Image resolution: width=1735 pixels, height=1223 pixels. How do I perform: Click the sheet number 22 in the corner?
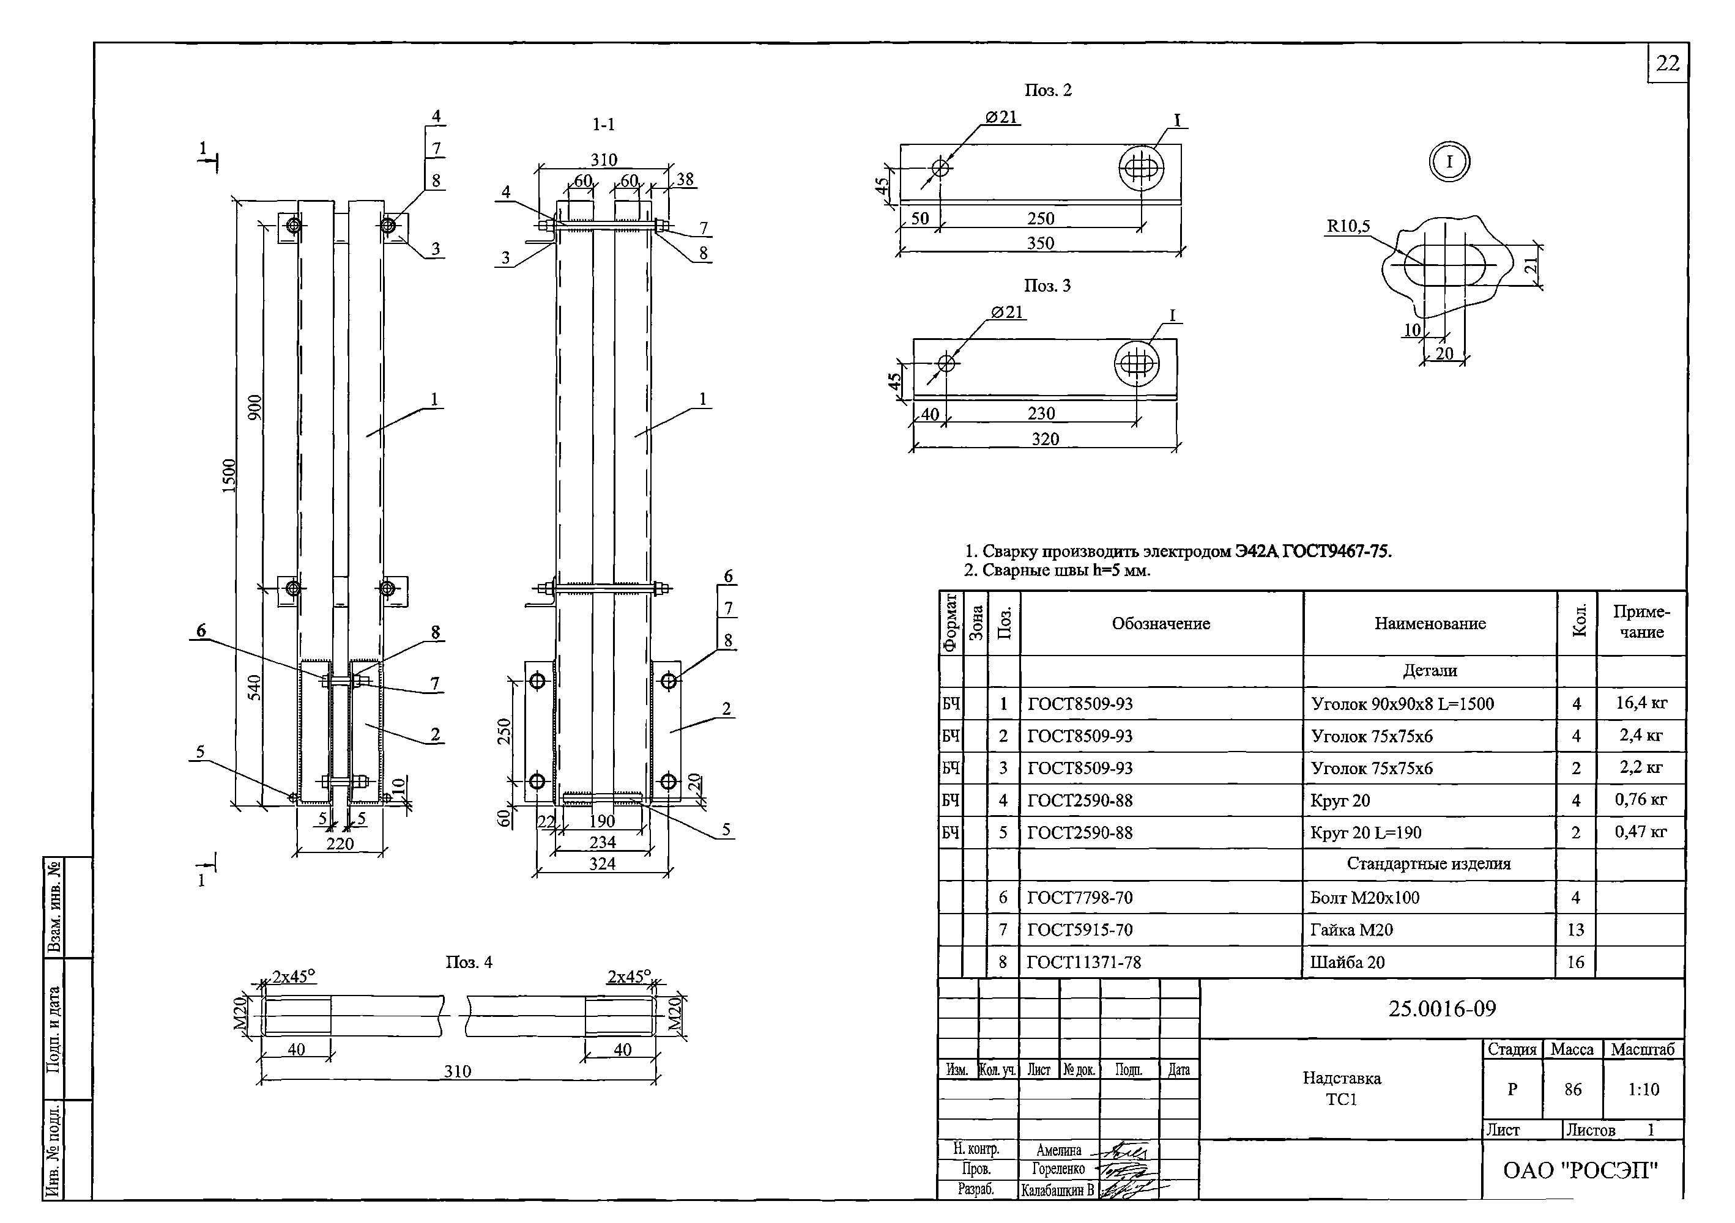point(1667,64)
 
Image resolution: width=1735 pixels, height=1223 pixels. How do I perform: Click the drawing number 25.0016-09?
point(1442,1008)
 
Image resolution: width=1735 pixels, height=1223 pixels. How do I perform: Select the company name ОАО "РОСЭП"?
point(1581,1170)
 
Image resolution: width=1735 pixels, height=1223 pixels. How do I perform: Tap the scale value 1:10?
point(1644,1089)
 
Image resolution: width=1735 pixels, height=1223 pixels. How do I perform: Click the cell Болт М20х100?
point(1365,898)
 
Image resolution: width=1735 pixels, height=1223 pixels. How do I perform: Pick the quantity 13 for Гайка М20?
point(1575,930)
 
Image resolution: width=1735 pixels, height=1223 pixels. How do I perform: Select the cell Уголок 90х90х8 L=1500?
point(1403,704)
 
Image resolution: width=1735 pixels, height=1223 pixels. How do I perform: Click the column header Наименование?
point(1430,623)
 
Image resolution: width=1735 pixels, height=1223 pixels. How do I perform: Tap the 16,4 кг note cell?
point(1641,703)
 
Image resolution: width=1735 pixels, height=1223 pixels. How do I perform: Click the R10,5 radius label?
point(1348,226)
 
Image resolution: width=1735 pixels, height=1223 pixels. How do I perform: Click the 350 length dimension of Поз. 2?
point(1041,243)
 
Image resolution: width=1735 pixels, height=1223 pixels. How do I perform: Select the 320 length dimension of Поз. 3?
point(1045,439)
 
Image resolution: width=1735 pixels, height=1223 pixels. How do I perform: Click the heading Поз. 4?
point(469,962)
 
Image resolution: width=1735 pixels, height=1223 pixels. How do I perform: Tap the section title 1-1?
point(603,125)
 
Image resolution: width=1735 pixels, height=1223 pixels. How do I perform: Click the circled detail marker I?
point(1449,161)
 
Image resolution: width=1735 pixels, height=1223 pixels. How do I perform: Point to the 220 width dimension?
point(340,843)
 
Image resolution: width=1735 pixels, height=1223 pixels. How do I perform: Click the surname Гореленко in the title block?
point(1058,1169)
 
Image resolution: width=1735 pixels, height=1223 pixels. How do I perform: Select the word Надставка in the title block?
point(1341,1078)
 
